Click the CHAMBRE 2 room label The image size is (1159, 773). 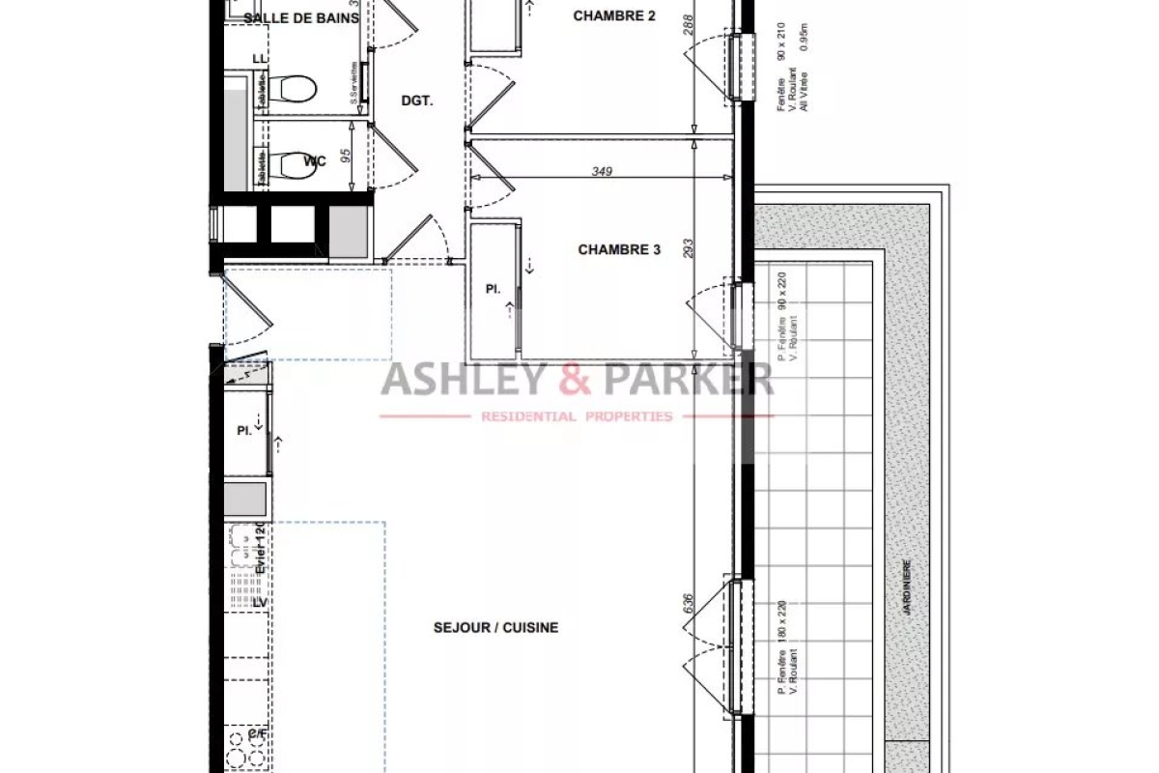[x=614, y=15]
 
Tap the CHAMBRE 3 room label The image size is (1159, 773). [x=619, y=249]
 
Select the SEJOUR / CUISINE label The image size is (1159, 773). [x=495, y=627]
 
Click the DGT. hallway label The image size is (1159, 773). [x=417, y=100]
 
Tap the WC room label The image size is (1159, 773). [x=315, y=160]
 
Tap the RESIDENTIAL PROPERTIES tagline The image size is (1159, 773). [x=577, y=416]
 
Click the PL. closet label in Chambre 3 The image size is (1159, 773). [x=493, y=288]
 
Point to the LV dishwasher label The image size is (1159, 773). [x=259, y=603]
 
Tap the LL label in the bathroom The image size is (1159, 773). [x=259, y=59]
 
